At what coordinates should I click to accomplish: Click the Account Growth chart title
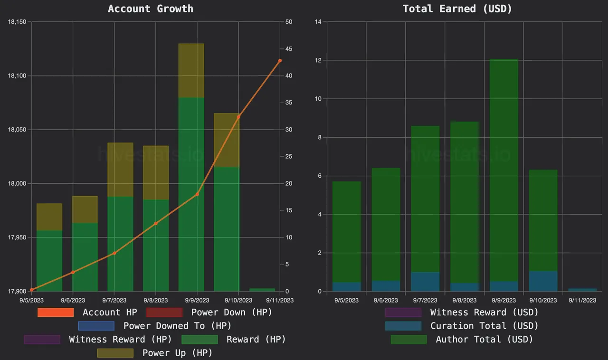pos(151,9)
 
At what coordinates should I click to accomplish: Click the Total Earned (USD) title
pos(457,9)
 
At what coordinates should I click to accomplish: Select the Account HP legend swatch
pos(56,313)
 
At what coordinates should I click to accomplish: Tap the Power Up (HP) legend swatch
pos(115,353)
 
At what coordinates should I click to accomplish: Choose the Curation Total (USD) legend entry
pos(484,326)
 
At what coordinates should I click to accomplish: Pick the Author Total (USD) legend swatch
pos(408,340)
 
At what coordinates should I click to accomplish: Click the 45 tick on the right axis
pos(289,49)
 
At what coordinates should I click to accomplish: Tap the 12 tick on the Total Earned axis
pos(318,60)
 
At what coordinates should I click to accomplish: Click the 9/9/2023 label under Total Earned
pos(503,300)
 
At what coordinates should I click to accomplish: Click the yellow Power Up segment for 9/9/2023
pos(191,70)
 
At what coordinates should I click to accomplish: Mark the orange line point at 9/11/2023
pos(280,61)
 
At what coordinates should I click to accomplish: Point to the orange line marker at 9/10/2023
pos(238,117)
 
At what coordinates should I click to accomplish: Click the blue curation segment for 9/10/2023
pos(543,281)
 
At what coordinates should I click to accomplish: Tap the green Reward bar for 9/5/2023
pos(49,261)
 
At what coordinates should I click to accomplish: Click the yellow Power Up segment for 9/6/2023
pos(85,209)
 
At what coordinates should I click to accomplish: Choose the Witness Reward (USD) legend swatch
pos(403,313)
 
